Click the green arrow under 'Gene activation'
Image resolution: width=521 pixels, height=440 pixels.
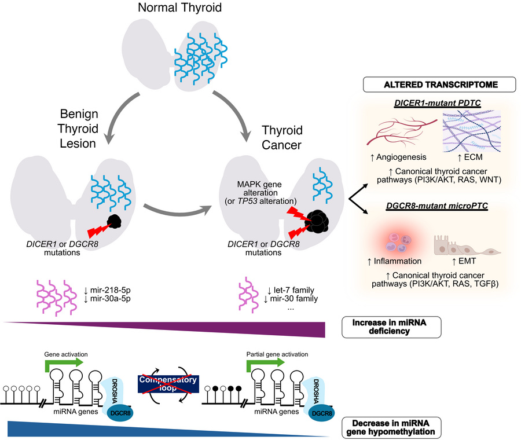tap(65, 363)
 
